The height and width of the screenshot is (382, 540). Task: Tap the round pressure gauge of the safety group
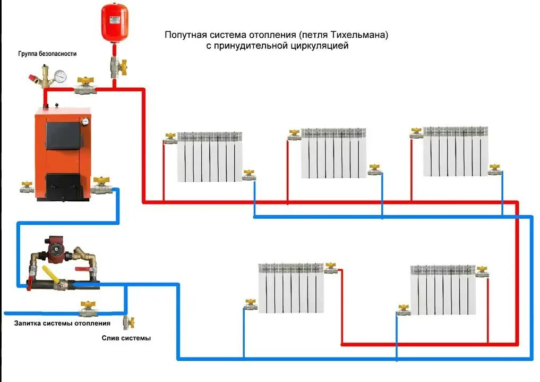click(x=60, y=76)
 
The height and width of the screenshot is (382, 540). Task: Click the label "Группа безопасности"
click(x=47, y=54)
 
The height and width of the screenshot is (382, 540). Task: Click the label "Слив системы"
click(x=126, y=338)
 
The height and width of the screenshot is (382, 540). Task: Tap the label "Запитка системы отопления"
click(x=62, y=323)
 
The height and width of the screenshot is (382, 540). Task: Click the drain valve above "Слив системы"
click(x=127, y=322)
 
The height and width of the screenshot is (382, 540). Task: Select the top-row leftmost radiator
click(x=209, y=157)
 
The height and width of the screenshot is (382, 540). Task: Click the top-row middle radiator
click(x=333, y=152)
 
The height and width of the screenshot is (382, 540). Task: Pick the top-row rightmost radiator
click(x=455, y=151)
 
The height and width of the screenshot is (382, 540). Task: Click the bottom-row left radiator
click(x=290, y=288)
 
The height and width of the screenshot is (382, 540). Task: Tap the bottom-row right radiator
click(x=442, y=290)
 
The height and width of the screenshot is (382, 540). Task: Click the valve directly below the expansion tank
click(x=115, y=66)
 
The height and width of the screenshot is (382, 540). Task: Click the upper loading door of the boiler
click(x=63, y=134)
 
